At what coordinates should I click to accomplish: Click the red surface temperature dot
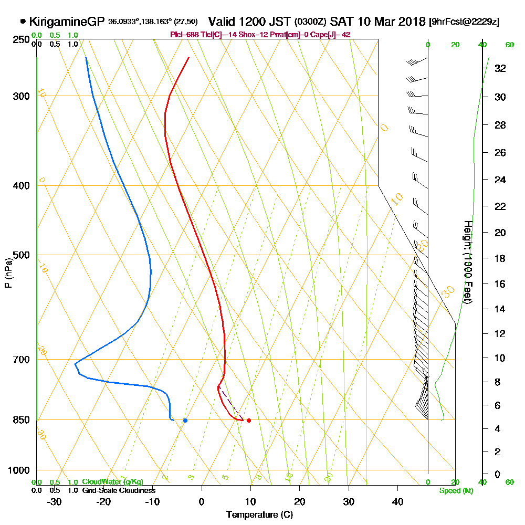248,420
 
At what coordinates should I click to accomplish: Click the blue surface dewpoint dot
185,420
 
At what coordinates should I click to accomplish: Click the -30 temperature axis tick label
54,501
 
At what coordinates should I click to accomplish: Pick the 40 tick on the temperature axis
397,501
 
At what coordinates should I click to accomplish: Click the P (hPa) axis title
8,272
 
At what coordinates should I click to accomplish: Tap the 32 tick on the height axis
500,68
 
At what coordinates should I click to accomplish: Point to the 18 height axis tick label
500,258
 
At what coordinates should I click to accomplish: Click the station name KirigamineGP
67,22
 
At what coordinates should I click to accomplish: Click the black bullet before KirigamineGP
23,22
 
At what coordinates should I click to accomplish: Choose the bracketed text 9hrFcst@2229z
464,22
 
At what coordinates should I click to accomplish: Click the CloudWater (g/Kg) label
112,482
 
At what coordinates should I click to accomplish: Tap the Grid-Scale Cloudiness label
118,490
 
